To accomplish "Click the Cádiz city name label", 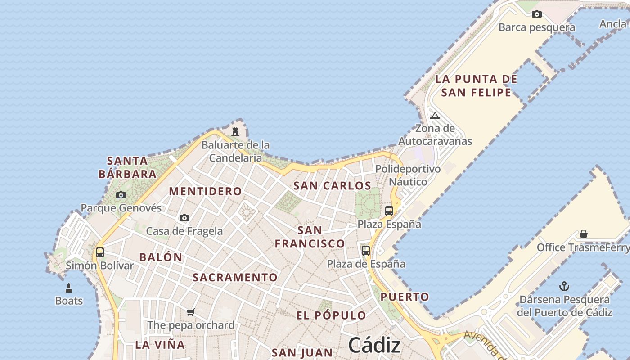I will click(x=374, y=346).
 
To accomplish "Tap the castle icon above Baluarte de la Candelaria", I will click(x=235, y=132).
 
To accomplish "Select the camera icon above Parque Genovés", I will click(x=121, y=195).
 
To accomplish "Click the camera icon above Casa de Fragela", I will click(x=184, y=218).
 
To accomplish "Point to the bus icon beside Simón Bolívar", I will click(x=100, y=252).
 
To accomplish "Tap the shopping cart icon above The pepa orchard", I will click(x=191, y=312).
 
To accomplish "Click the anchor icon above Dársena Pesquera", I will click(x=564, y=286).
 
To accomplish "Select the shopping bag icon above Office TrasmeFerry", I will click(x=584, y=234).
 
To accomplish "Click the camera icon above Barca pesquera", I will click(x=536, y=14).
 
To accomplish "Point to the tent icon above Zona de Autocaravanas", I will click(x=435, y=116).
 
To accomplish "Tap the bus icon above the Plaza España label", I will click(x=389, y=211).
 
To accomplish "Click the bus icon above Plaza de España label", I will click(x=366, y=250).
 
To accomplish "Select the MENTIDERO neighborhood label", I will click(x=205, y=191).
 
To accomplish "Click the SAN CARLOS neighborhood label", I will click(x=332, y=185).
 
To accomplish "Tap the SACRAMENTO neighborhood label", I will click(x=235, y=277).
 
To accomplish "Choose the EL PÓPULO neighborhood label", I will click(x=331, y=315).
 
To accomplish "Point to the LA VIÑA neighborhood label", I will click(x=160, y=345).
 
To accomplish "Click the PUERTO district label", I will click(x=405, y=297).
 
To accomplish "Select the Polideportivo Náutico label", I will click(x=408, y=175).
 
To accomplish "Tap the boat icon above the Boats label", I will click(x=69, y=288).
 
